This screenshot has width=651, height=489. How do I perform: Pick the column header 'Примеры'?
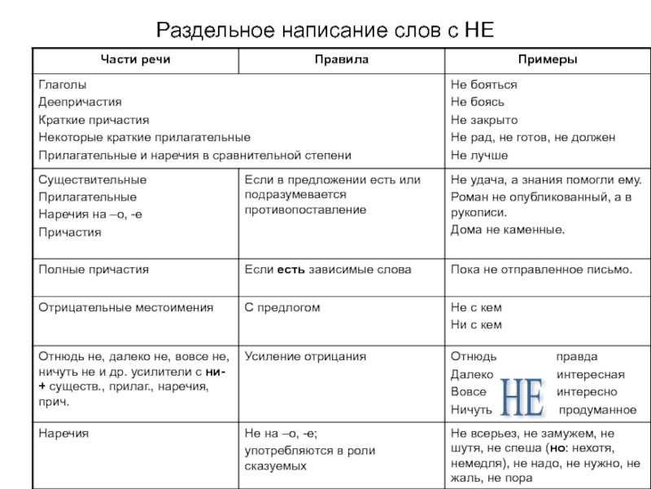[x=546, y=59]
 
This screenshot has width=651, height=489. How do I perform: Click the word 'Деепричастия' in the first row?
[x=80, y=102]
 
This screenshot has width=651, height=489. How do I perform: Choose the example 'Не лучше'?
[x=479, y=155]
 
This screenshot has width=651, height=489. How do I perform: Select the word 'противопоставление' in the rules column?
[x=305, y=210]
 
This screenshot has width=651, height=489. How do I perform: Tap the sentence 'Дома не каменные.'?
[x=508, y=230]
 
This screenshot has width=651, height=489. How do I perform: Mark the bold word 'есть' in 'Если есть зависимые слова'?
[x=291, y=269]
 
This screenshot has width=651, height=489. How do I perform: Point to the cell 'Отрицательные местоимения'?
[x=126, y=307]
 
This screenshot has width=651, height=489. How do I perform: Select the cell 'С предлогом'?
[x=282, y=307]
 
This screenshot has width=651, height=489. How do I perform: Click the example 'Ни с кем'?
[x=476, y=325]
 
